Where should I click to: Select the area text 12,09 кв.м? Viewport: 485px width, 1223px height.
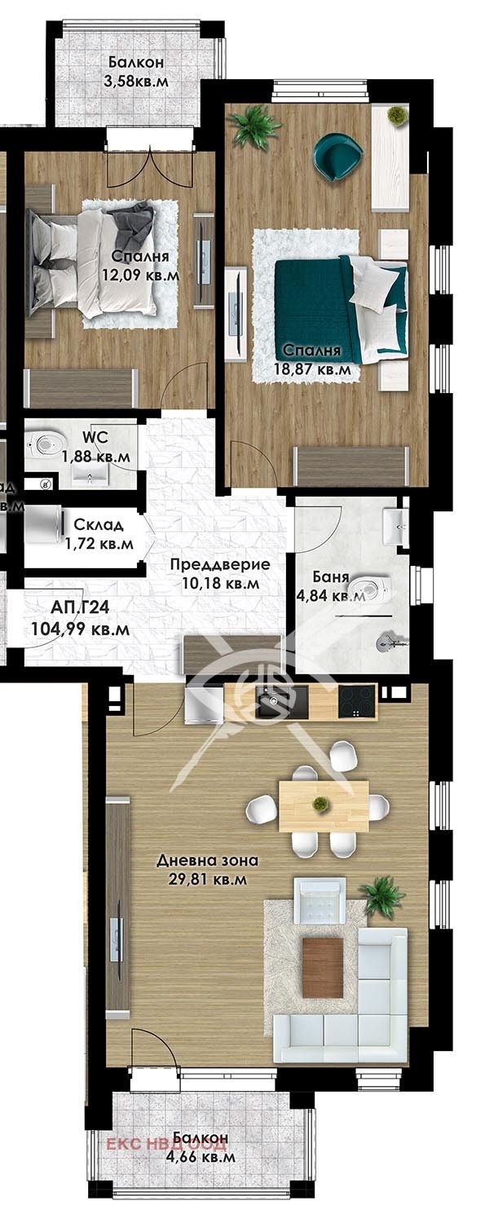coord(140,276)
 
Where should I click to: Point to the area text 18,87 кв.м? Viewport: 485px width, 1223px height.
coord(318,369)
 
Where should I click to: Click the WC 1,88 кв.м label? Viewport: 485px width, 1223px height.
coord(96,448)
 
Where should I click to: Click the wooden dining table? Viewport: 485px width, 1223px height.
coord(323,806)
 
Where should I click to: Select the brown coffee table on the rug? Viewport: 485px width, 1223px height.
coord(323,967)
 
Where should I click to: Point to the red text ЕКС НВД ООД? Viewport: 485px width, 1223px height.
coord(156,1144)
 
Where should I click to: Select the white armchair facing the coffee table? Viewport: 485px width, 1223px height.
coord(320,900)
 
